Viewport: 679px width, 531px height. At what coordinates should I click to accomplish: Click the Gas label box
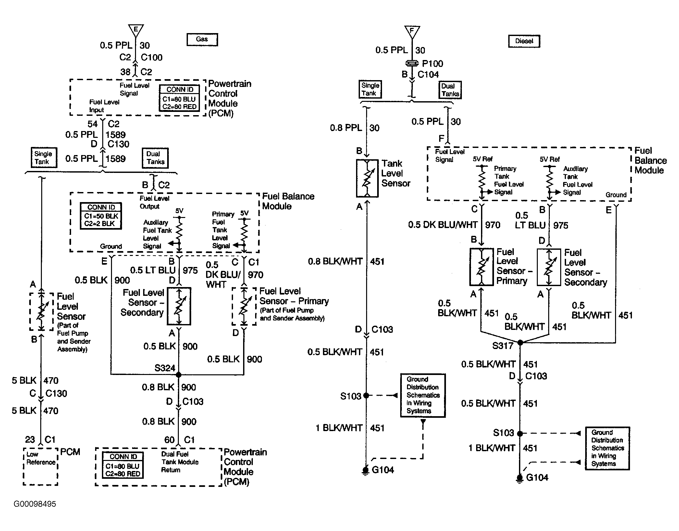click(202, 39)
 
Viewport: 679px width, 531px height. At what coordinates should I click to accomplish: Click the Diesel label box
click(524, 41)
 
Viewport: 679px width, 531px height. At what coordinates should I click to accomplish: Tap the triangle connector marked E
click(136, 30)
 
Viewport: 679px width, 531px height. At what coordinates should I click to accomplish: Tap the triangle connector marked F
click(412, 32)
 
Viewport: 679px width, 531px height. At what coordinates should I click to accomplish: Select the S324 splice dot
click(179, 375)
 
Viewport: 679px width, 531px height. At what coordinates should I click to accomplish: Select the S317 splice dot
click(520, 343)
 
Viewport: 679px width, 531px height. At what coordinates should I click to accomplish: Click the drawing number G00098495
click(35, 504)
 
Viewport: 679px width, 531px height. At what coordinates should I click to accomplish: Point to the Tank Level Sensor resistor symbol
click(367, 178)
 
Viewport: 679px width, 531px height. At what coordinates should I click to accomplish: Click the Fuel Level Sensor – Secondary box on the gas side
click(179, 306)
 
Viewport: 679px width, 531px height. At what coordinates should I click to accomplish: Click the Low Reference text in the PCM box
click(41, 458)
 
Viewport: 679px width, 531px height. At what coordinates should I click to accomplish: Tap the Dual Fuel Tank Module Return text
click(180, 462)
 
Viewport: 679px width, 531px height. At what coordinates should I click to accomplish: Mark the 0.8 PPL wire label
click(346, 128)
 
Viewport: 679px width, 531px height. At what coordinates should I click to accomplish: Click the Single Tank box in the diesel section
click(370, 89)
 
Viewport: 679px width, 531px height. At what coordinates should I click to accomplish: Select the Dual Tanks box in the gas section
click(155, 158)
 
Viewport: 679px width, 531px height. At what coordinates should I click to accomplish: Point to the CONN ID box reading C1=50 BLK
click(101, 216)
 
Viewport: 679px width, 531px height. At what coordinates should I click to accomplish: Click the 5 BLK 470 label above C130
click(35, 380)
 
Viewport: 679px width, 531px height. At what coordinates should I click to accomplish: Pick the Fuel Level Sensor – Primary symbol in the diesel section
click(481, 267)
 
